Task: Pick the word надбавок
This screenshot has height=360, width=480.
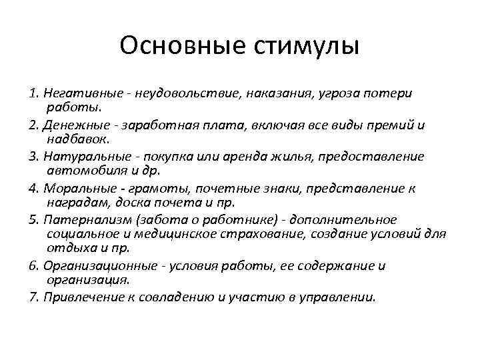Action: point(74,139)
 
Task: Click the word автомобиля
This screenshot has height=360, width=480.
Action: point(79,171)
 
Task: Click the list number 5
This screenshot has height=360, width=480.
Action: point(34,220)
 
